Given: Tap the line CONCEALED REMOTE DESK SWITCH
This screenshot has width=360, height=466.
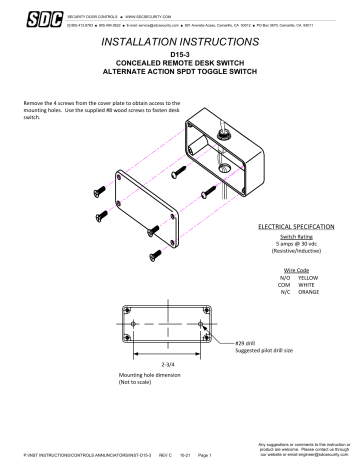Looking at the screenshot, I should pyautogui.click(x=180, y=71).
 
